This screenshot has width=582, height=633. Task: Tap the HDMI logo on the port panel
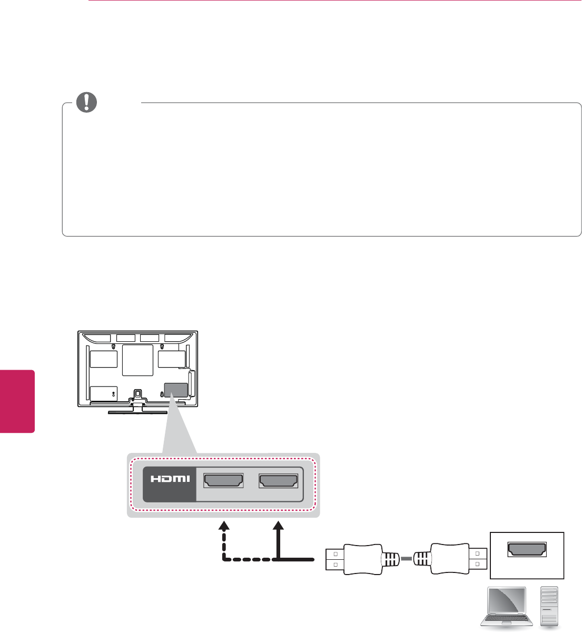coord(170,481)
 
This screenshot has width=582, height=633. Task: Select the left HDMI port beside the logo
coord(223,481)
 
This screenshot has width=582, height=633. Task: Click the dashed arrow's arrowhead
coord(224,526)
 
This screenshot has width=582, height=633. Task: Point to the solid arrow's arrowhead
coord(279,526)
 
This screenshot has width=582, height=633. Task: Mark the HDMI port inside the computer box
coord(527,549)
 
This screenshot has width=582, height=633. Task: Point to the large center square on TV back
coord(137,360)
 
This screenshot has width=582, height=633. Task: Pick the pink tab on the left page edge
coord(17,401)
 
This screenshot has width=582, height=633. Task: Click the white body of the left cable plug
coord(361,559)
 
